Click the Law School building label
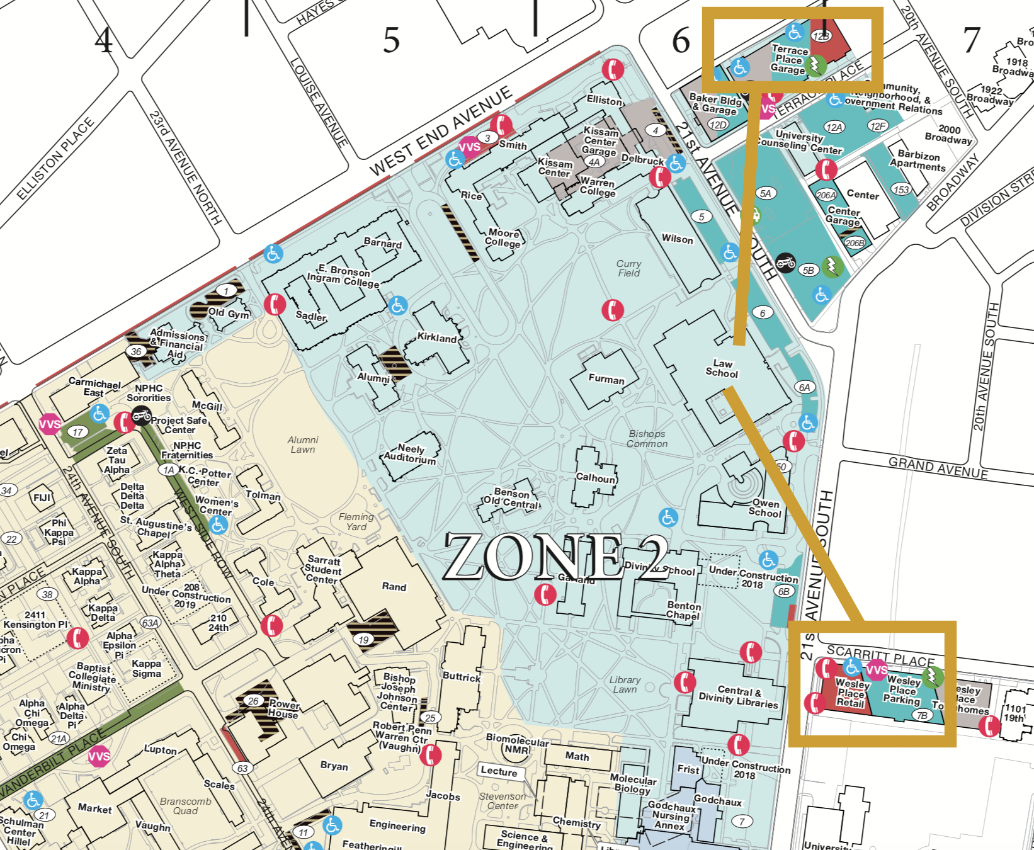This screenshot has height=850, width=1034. point(722,368)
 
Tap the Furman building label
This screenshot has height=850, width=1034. point(606,379)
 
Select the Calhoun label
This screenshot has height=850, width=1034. point(595,478)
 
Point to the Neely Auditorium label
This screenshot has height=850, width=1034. point(410,454)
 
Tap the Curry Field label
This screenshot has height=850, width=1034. point(628,268)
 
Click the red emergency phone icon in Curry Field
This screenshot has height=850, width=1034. point(613,310)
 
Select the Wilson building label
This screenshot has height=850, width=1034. point(677,239)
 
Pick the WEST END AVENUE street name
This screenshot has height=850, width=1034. point(440,132)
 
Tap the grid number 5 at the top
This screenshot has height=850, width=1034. point(391,40)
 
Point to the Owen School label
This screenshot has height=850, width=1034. point(765,508)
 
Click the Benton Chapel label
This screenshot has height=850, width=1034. point(683,610)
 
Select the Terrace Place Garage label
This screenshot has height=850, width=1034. point(789,60)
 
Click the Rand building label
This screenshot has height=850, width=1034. point(394,587)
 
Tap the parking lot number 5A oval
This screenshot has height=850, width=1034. point(765,193)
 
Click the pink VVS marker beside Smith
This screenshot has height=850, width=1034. point(469,147)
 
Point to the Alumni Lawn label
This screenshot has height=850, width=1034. point(303,445)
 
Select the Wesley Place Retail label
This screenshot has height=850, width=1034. point(852,693)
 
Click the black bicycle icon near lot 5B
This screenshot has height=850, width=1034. point(785,262)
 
